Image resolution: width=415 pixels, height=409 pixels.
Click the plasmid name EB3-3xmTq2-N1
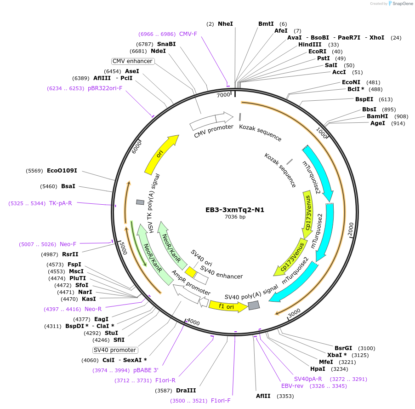click(235, 210)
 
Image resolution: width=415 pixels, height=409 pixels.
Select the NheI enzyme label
click(225, 23)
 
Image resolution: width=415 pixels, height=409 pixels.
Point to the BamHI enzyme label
click(377, 116)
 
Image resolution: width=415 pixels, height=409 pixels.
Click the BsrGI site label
click(343, 348)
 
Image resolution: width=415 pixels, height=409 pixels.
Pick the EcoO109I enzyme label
click(62, 171)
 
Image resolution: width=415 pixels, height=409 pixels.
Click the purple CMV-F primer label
click(188, 34)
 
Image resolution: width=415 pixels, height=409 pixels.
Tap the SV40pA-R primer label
click(308, 379)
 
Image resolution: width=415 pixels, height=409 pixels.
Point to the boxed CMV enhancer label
click(132, 61)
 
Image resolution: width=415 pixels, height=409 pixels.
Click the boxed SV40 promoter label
click(115, 350)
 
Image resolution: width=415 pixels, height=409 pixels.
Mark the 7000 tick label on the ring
click(223, 95)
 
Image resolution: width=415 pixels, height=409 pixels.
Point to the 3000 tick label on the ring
click(294, 313)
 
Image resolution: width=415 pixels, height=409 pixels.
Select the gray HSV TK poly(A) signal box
click(140, 202)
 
